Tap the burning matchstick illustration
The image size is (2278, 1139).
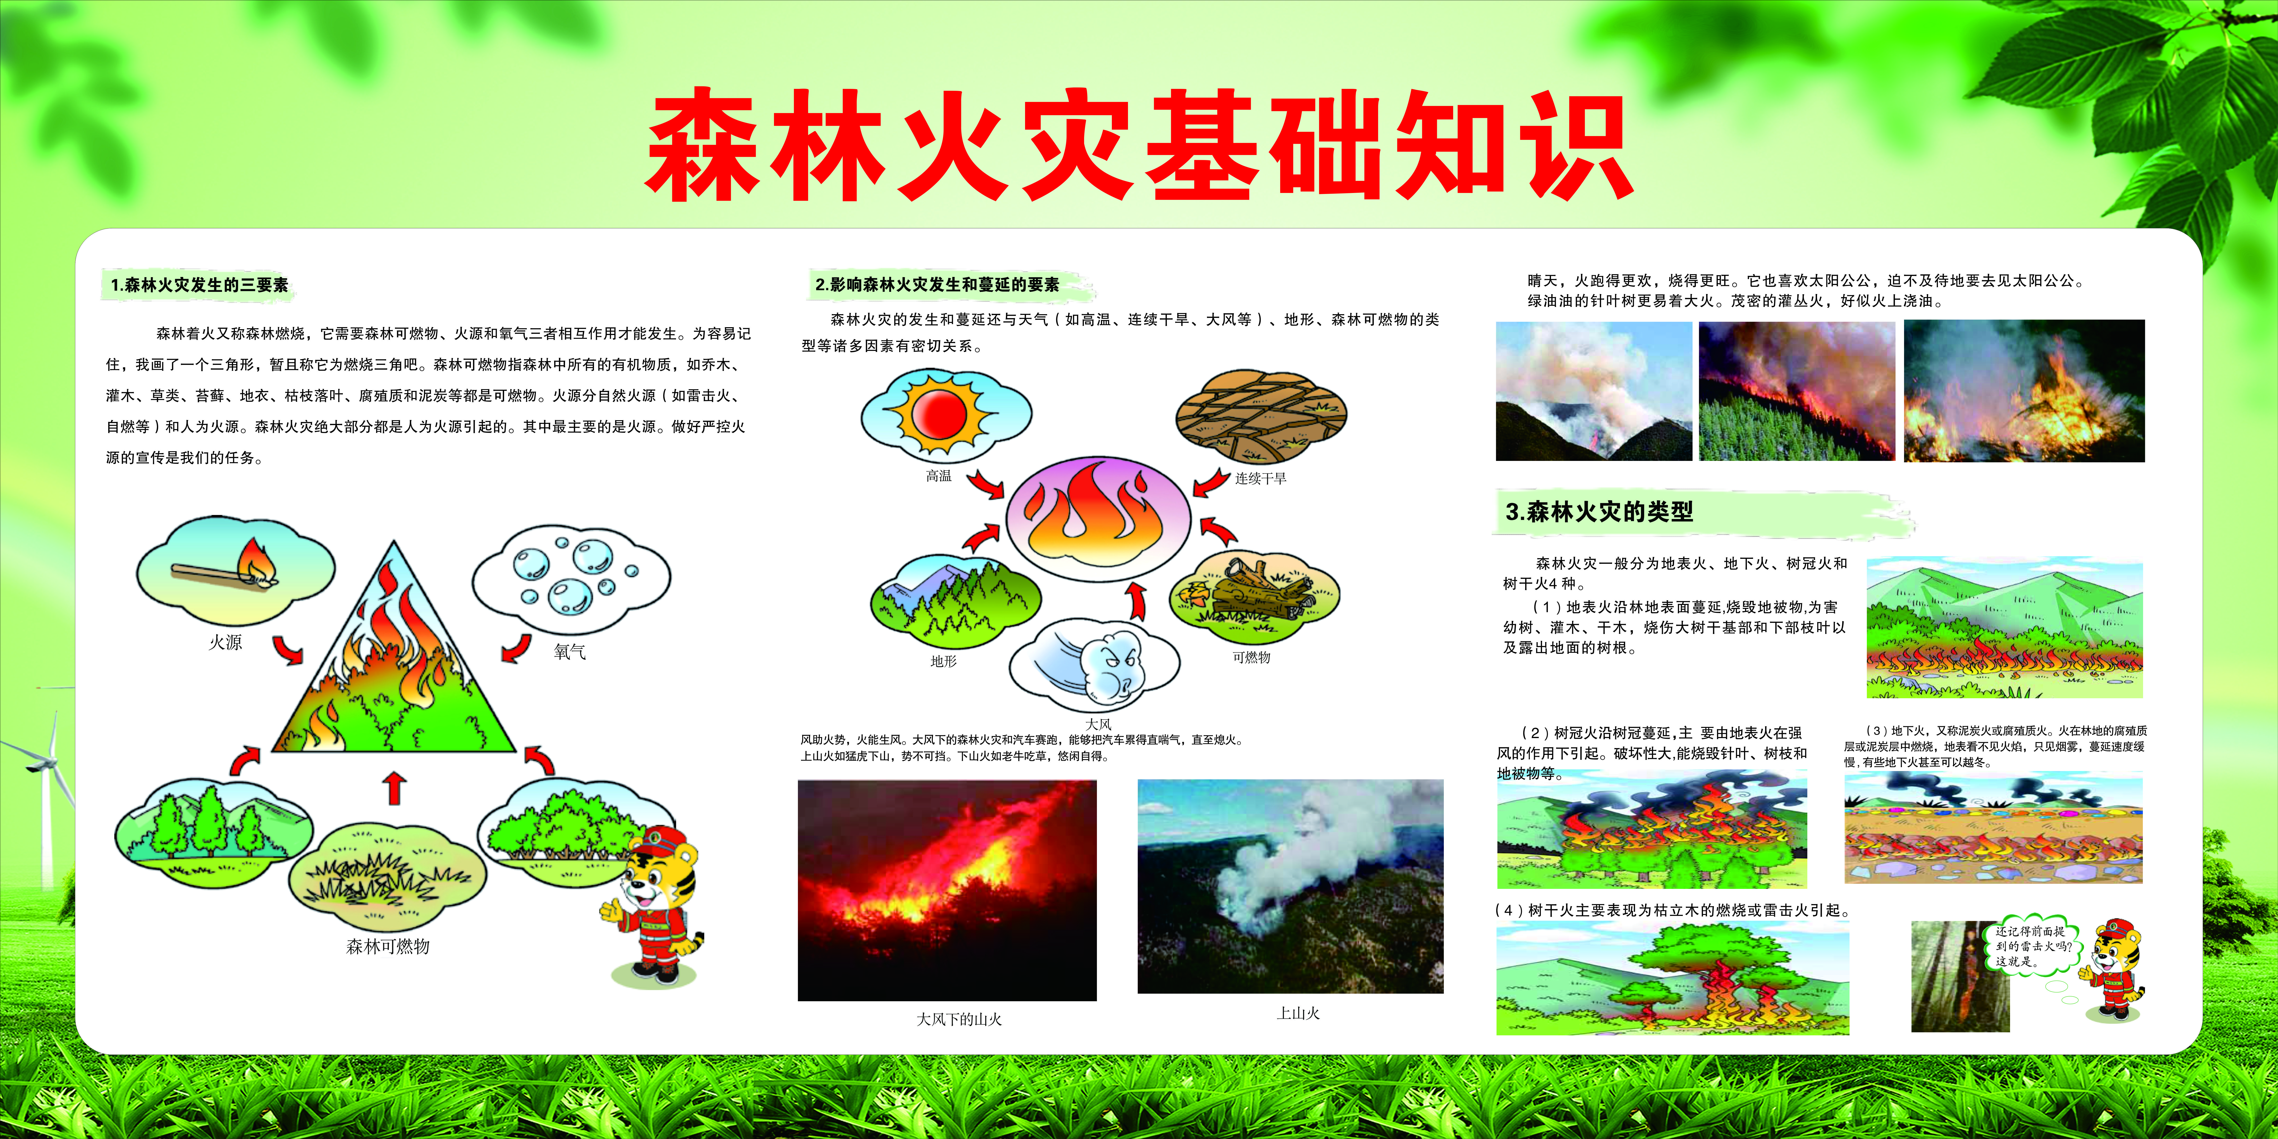(225, 566)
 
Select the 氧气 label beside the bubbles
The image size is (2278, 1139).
(570, 652)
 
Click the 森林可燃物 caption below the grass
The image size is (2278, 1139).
(387, 946)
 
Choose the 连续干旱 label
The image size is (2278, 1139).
(1260, 478)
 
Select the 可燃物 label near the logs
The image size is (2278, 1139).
(1251, 657)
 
